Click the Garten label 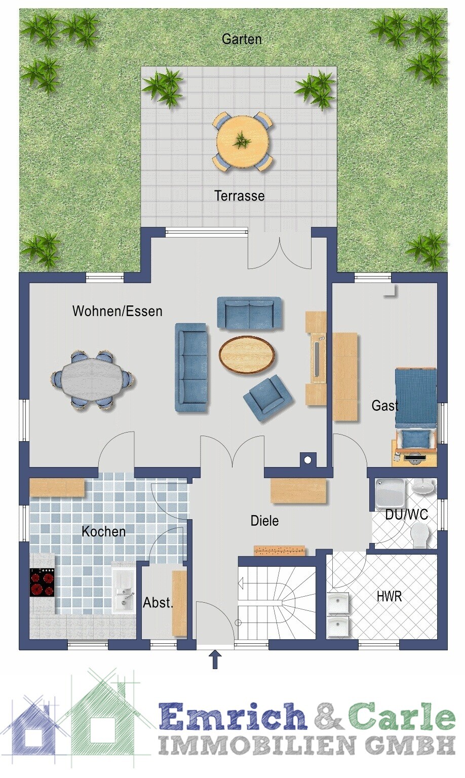[242, 38]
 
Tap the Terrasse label [239, 196]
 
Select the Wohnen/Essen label [118, 311]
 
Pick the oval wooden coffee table [247, 354]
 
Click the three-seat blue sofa [190, 367]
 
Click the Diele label [264, 521]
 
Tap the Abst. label [158, 603]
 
